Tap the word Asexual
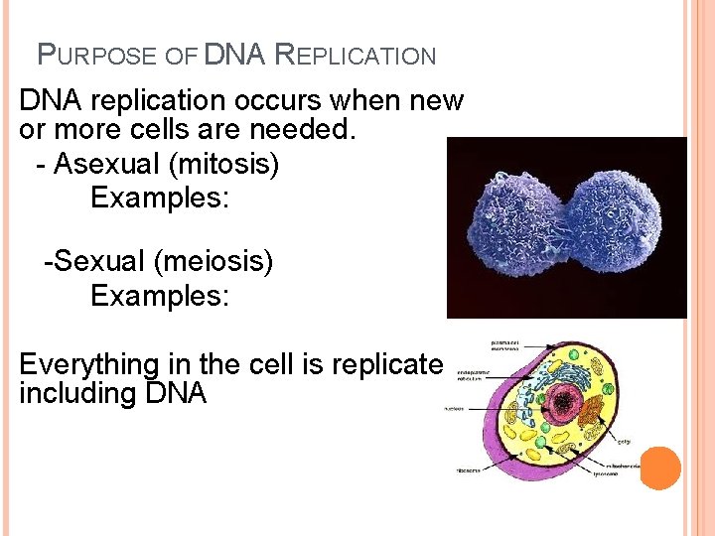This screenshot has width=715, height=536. click(100, 164)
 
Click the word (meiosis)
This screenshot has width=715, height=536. click(212, 262)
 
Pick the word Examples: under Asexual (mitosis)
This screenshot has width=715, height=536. click(160, 198)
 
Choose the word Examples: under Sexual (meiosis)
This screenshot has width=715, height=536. click(160, 296)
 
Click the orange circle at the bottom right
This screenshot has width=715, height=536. click(660, 469)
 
